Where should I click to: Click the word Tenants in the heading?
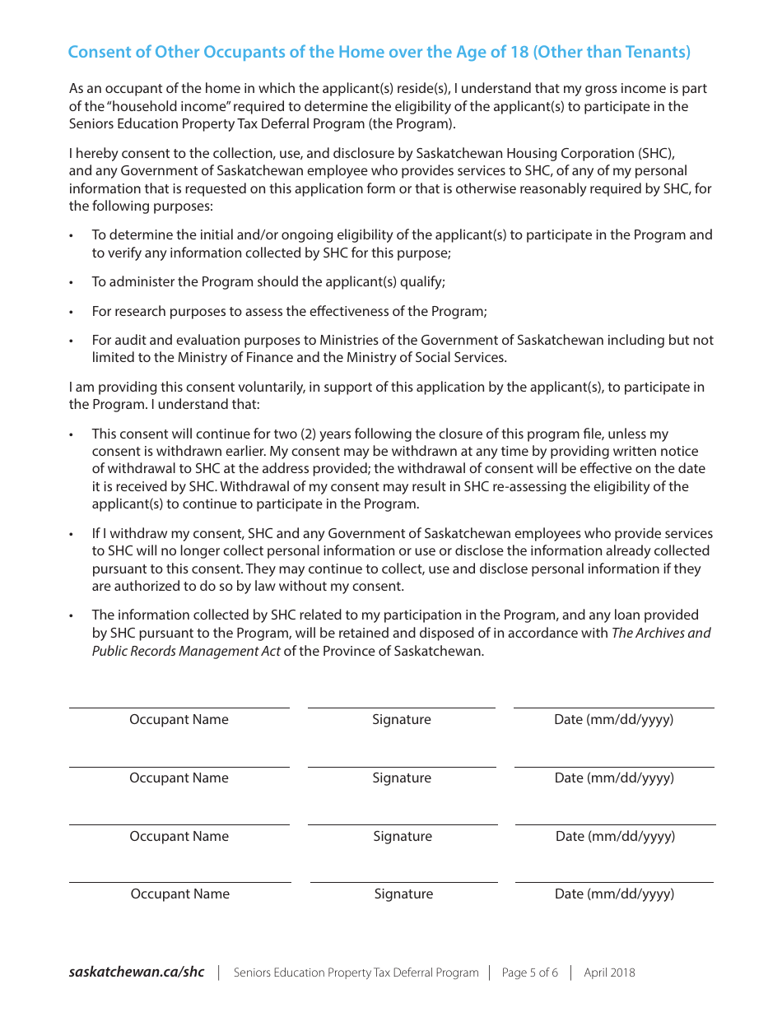(658, 52)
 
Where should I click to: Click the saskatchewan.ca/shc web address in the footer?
(137, 972)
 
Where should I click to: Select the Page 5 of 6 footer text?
(529, 973)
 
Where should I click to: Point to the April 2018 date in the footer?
(609, 973)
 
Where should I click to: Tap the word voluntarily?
(280, 387)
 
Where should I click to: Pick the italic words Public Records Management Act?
(186, 651)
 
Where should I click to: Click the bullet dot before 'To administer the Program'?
(72, 282)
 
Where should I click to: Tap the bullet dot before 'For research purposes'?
(72, 312)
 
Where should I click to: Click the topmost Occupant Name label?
(179, 719)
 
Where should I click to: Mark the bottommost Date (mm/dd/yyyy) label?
(614, 894)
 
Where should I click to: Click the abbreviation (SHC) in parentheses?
(656, 153)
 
